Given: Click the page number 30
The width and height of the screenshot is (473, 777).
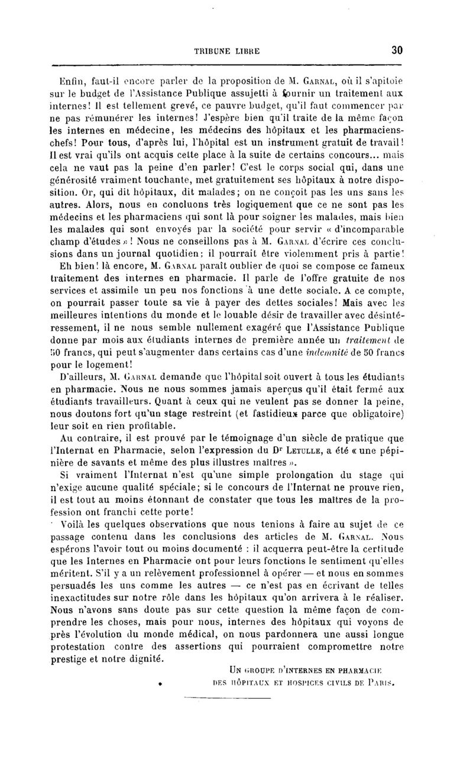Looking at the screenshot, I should [x=397, y=51].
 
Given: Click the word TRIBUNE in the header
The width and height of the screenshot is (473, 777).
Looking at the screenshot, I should [x=211, y=51].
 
